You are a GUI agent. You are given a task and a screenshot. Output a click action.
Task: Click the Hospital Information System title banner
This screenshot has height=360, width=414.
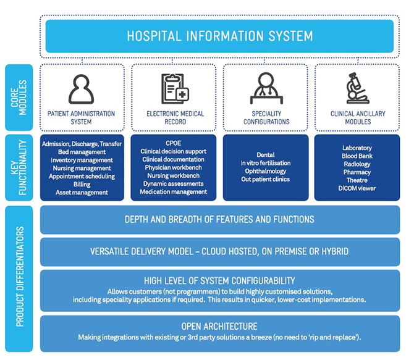tap(220, 35)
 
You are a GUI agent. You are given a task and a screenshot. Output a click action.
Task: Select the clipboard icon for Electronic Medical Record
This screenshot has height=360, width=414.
tap(174, 89)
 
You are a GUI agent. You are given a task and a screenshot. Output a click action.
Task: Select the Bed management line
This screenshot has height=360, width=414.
tap(82, 152)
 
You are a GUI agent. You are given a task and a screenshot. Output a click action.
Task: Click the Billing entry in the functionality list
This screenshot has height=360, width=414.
tap(82, 184)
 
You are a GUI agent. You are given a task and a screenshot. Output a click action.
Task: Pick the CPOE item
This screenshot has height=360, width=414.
tap(174, 143)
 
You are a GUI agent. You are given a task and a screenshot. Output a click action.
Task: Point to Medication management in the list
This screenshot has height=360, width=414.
tap(174, 192)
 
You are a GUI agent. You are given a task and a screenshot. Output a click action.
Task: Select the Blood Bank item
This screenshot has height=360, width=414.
tap(357, 156)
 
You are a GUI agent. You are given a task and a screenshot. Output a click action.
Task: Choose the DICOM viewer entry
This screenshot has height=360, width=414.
tap(357, 188)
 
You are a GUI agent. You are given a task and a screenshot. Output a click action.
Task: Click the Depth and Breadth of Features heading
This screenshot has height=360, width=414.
tap(219, 219)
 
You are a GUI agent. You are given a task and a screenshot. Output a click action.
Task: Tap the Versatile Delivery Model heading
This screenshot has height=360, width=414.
tap(219, 251)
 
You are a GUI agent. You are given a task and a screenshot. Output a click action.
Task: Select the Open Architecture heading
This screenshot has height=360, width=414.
tap(219, 326)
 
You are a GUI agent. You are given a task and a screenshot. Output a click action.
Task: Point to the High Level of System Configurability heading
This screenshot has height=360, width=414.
tap(219, 281)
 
